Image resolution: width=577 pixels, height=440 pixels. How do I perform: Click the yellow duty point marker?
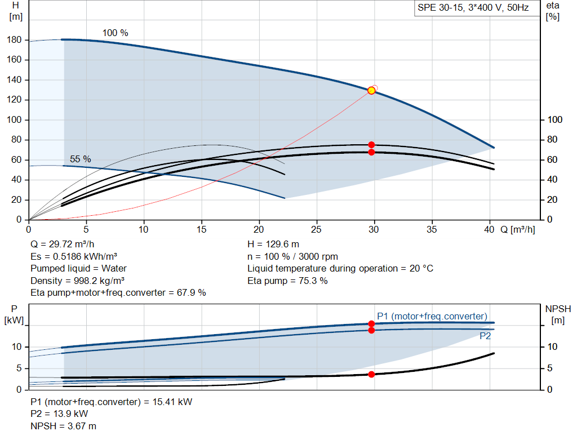pyautogui.click(x=371, y=91)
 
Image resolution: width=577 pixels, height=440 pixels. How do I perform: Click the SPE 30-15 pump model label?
pyautogui.click(x=473, y=8)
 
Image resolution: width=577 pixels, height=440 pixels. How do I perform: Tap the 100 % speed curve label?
pyautogui.click(x=115, y=33)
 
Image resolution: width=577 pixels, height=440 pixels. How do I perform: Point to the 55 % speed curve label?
pyautogui.click(x=80, y=159)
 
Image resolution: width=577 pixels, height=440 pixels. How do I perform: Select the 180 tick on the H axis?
pyautogui.click(x=14, y=40)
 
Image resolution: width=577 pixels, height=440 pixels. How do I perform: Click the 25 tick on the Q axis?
pyautogui.click(x=316, y=229)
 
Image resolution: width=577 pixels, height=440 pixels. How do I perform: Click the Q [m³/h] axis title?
pyautogui.click(x=517, y=229)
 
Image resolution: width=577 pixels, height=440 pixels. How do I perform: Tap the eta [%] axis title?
pyautogui.click(x=552, y=11)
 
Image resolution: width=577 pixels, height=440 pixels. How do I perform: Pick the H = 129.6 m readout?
pyautogui.click(x=273, y=245)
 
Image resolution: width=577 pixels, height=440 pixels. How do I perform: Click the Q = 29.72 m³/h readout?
pyautogui.click(x=62, y=245)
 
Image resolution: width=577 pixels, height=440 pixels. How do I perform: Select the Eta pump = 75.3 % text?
pyautogui.click(x=287, y=281)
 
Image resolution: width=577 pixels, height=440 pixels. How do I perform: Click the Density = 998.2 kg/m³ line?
pyautogui.click(x=77, y=281)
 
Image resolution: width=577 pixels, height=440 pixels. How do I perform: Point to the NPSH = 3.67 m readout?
pyautogui.click(x=63, y=426)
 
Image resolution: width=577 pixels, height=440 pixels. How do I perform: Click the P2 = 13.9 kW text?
pyautogui.click(x=59, y=414)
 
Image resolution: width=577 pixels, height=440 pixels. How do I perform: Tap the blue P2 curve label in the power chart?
pyautogui.click(x=485, y=336)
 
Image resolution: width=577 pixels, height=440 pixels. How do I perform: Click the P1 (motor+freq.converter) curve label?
pyautogui.click(x=432, y=317)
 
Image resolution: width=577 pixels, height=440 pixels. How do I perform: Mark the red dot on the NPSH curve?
pyautogui.click(x=371, y=374)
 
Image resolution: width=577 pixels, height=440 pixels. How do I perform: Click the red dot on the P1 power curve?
pyautogui.click(x=371, y=324)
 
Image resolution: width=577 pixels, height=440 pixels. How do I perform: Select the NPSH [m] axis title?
pyautogui.click(x=558, y=314)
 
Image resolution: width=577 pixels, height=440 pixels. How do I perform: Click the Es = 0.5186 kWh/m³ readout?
pyautogui.click(x=74, y=256)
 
